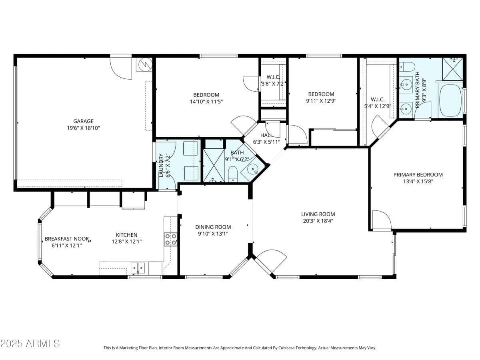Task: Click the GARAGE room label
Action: pyautogui.click(x=83, y=121)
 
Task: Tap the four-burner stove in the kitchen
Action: pyautogui.click(x=171, y=239)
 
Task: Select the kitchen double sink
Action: pyautogui.click(x=138, y=267)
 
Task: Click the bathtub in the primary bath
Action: pyautogui.click(x=450, y=100)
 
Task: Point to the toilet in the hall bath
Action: pyautogui.click(x=233, y=175)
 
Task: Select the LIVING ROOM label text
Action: pyautogui.click(x=318, y=214)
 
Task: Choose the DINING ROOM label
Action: pyautogui.click(x=213, y=227)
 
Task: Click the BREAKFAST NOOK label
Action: pyautogui.click(x=66, y=239)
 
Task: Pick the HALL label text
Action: pyautogui.click(x=266, y=135)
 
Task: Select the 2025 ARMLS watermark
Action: pyautogui.click(x=30, y=343)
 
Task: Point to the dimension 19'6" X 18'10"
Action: pyautogui.click(x=83, y=128)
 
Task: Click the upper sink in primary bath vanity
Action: pyautogui.click(x=406, y=84)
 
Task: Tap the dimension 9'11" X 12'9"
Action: pyautogui.click(x=321, y=101)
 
